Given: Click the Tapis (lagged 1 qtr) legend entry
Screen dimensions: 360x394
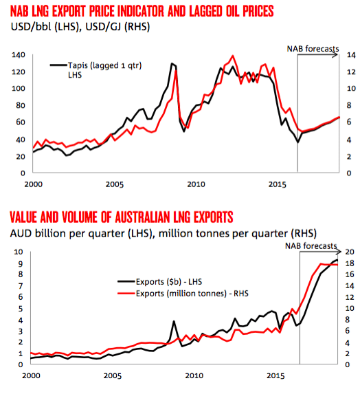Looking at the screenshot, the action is [x=96, y=70].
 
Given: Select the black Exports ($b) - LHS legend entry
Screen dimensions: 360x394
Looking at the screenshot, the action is [x=159, y=282].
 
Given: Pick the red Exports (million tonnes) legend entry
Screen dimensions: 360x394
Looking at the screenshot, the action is [x=183, y=293].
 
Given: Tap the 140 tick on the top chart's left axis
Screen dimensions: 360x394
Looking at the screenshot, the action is [x=19, y=55].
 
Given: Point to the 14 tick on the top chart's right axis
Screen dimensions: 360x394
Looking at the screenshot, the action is [x=351, y=55].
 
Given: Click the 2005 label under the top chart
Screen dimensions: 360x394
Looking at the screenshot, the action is [x=115, y=184].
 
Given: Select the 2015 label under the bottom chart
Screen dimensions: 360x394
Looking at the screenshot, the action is [x=275, y=376].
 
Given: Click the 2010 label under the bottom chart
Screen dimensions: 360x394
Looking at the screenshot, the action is [x=194, y=376].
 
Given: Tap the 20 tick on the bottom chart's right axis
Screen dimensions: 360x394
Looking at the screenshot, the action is [x=350, y=252].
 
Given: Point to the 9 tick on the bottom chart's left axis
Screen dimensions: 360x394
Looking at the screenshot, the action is [x=21, y=263].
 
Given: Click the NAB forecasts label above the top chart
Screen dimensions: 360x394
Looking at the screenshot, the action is [x=313, y=49].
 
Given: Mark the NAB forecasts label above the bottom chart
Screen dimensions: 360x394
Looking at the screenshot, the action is [x=311, y=245].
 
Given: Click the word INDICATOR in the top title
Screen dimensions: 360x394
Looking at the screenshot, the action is [x=141, y=11].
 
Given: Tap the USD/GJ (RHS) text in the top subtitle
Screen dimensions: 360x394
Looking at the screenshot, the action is [x=117, y=27].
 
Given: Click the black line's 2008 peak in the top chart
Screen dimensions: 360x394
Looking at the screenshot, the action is [x=172, y=63].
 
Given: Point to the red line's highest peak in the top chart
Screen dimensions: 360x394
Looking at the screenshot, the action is [x=233, y=56].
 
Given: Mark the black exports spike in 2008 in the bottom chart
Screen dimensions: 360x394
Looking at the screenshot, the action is [x=174, y=321].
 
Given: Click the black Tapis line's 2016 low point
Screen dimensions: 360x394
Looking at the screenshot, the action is [x=297, y=142].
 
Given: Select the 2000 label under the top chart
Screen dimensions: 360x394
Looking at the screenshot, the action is [x=34, y=184].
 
